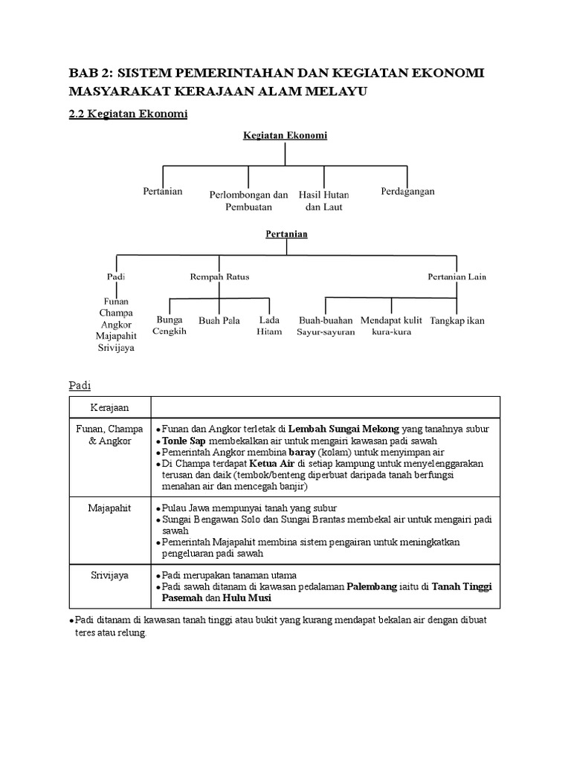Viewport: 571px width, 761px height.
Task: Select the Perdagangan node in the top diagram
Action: click(407, 191)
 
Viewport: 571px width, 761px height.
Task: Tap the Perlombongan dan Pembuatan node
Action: click(248, 201)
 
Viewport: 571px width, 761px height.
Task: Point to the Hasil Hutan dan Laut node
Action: click(323, 201)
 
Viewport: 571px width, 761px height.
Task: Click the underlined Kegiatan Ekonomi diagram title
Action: click(285, 135)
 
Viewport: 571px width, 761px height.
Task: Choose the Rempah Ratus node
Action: click(219, 276)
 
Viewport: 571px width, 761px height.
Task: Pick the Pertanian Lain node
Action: click(457, 276)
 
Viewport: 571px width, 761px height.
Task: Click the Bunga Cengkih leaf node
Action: click(170, 326)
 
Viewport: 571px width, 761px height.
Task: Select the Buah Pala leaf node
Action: click(219, 320)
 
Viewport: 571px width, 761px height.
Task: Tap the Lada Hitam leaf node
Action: click(269, 326)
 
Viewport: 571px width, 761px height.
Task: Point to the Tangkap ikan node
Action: click(457, 320)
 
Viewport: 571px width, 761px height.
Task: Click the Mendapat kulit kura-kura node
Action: click(391, 326)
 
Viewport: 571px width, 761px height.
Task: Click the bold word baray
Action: click(303, 452)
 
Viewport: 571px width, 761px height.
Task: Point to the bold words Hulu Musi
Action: click(246, 598)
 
